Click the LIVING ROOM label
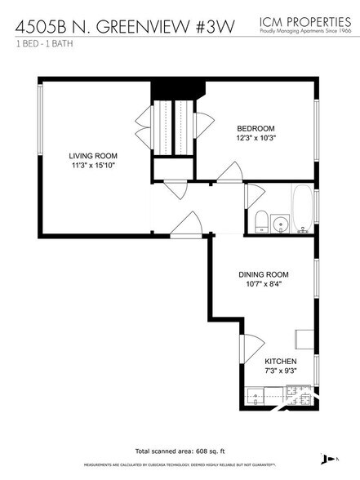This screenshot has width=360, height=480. pyautogui.click(x=93, y=155)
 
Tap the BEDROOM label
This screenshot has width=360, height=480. pyautogui.click(x=256, y=128)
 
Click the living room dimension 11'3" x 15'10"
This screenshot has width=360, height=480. pyautogui.click(x=93, y=166)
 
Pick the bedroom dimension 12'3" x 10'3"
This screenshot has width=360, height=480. pyautogui.click(x=256, y=138)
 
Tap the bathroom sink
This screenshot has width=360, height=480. pyautogui.click(x=282, y=222)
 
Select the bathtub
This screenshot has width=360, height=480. pyautogui.click(x=302, y=208)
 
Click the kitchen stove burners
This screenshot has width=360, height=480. pyautogui.click(x=287, y=399)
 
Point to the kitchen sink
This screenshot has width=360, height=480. pyautogui.click(x=256, y=399)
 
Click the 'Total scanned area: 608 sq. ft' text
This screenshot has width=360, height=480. pyautogui.click(x=179, y=451)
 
